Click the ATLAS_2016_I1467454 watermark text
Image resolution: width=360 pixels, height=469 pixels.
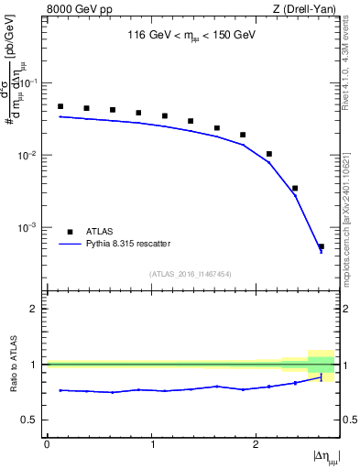191,274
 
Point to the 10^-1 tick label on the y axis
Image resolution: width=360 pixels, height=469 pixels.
29,83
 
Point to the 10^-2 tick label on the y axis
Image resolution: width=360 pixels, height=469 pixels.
29,156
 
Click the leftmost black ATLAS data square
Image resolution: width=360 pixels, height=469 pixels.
60,106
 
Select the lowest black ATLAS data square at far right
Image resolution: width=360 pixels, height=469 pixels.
321,246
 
